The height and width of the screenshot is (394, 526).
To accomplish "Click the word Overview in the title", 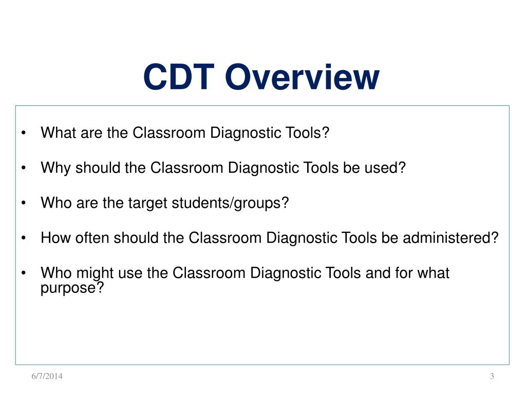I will click(302, 77).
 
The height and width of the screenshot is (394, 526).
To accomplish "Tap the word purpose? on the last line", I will click(72, 288).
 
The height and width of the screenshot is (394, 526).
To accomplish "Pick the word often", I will click(92, 238).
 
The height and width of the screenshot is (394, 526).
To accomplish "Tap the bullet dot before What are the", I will click(24, 134).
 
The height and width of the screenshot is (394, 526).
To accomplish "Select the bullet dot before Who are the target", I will click(24, 204).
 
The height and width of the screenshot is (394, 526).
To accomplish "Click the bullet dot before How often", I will click(24, 239).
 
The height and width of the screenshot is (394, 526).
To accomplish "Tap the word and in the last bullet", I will click(377, 273).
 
